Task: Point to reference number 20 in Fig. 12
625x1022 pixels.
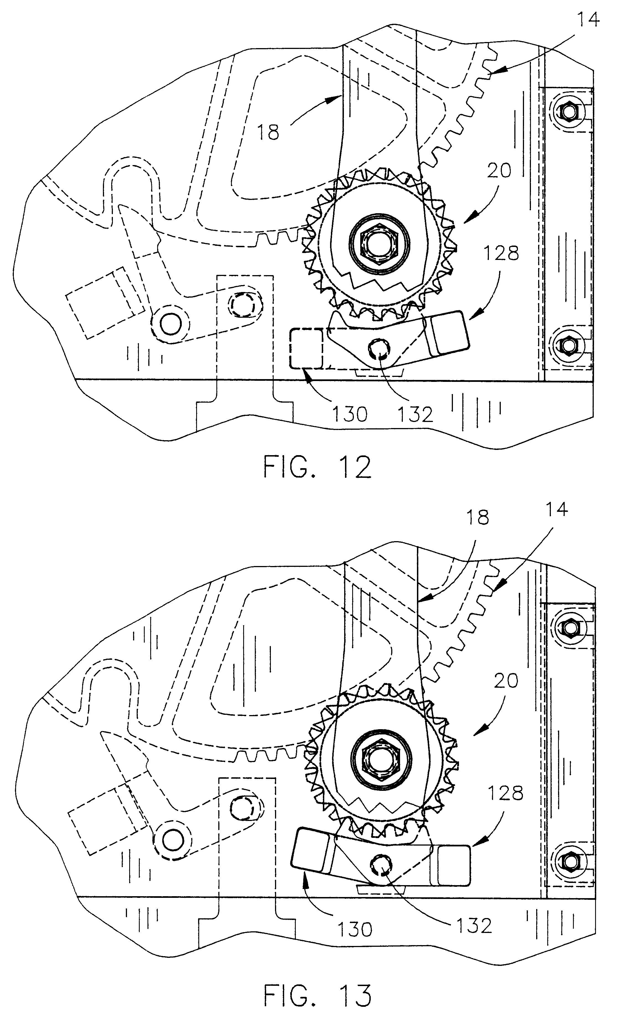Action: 499,170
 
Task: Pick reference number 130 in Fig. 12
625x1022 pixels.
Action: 349,414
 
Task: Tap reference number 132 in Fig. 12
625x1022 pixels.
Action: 415,414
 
